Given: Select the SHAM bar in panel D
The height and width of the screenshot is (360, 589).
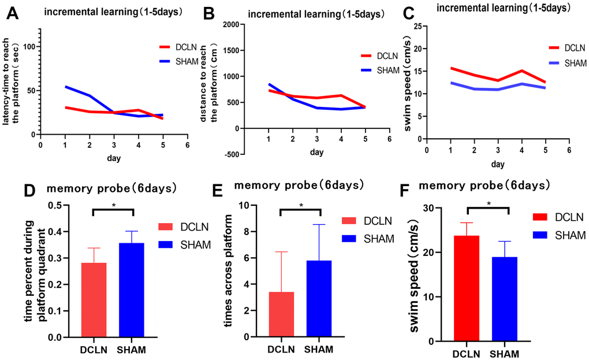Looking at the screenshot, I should [132, 290].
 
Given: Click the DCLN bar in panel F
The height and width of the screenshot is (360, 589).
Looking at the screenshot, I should [467, 288].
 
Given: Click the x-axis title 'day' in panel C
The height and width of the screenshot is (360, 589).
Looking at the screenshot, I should [498, 164].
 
